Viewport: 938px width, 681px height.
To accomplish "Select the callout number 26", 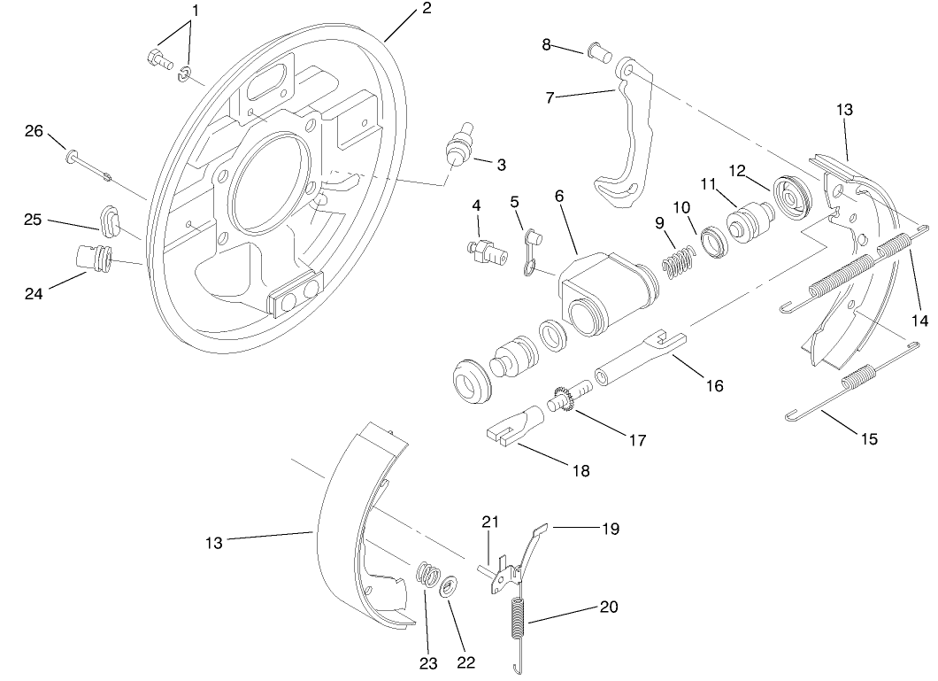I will pyautogui.click(x=34, y=132).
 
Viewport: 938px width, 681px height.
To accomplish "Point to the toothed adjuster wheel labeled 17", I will pyautogui.click(x=564, y=400).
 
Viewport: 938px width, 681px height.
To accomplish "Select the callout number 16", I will pyautogui.click(x=713, y=385).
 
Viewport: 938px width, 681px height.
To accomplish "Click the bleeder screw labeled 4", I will pyautogui.click(x=486, y=250).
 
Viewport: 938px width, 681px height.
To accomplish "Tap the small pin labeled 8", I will pyautogui.click(x=603, y=56).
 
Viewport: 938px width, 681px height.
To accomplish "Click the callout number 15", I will pyautogui.click(x=869, y=438).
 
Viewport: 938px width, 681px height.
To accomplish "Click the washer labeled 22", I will pyautogui.click(x=449, y=586).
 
